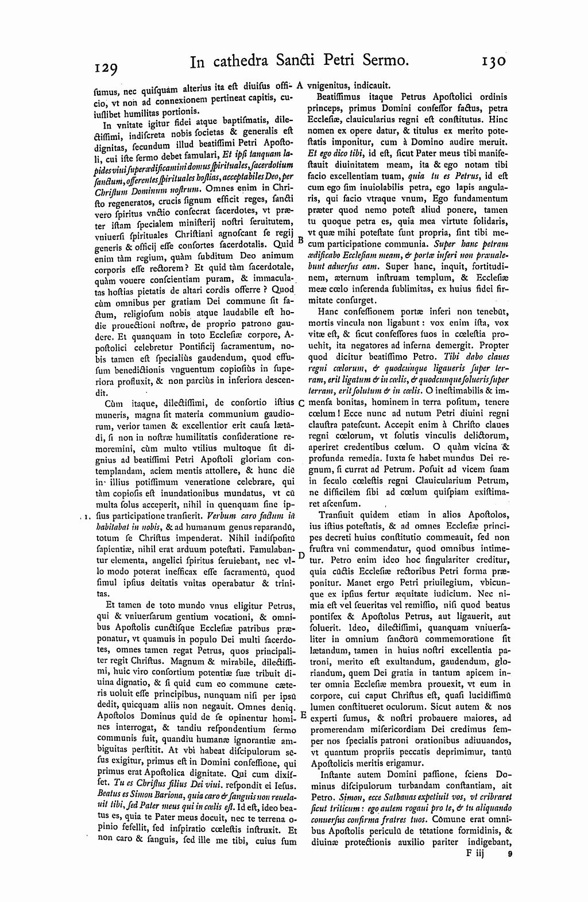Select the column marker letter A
(299, 85)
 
